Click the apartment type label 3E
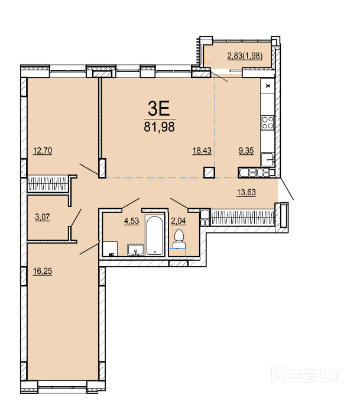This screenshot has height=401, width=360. tap(159, 108)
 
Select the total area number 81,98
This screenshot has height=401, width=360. tap(159, 127)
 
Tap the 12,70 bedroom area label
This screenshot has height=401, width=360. tap(43, 151)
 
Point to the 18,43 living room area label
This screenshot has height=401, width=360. tap(202, 151)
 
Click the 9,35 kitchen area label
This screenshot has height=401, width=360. tap(247, 151)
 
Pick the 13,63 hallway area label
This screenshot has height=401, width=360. tap(247, 192)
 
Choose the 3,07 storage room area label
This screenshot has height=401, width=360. tap(43, 217)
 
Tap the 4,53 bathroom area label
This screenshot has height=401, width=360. tap(131, 221)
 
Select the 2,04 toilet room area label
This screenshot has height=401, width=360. tap(178, 221)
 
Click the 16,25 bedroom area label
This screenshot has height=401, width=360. tap(43, 271)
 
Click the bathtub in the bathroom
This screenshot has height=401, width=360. tap(154, 235)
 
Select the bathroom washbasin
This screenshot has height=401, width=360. tap(136, 250)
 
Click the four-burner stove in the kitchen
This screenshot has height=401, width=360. tap(268, 122)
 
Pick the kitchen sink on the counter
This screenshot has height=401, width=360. tap(267, 160)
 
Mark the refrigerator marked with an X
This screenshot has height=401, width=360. tap(268, 86)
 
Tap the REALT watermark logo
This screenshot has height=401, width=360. tap(306, 374)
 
